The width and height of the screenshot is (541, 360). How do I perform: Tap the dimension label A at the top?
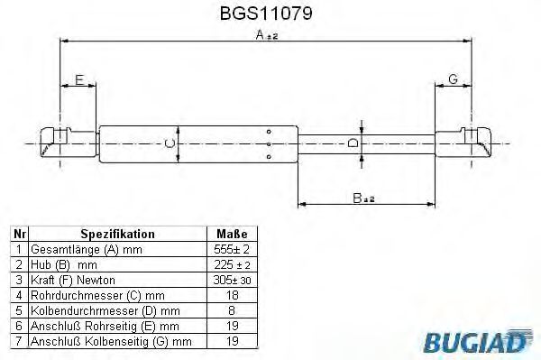pyautogui.click(x=261, y=35)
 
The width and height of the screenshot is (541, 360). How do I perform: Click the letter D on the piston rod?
pyautogui.click(x=354, y=143)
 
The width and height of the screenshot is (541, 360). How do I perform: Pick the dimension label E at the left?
pyautogui.click(x=79, y=79)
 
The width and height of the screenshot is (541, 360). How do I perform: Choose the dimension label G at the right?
pyautogui.click(x=453, y=79)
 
